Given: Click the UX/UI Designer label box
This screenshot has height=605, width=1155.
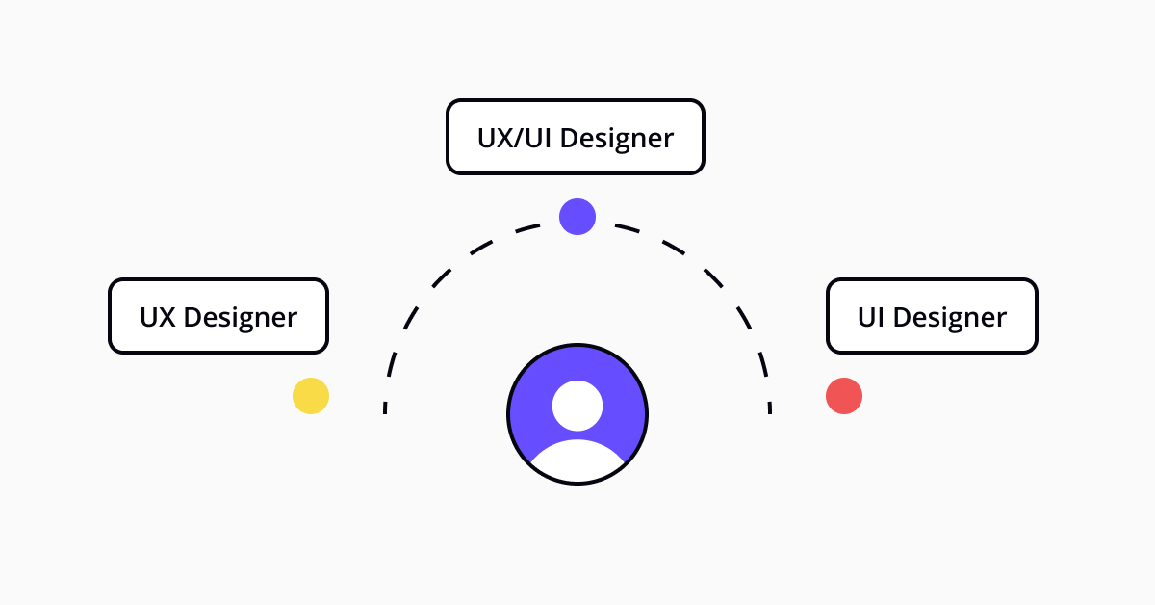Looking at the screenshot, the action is point(576,137).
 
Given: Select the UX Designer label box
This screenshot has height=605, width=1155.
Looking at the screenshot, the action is point(218,316).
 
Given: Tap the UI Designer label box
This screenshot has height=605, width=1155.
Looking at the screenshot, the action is point(933,316).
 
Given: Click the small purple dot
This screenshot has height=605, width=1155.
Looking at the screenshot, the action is point(577,217).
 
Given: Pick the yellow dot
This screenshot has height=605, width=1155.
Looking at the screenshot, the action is point(311,396).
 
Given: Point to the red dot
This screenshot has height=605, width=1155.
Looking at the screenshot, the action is point(844,396).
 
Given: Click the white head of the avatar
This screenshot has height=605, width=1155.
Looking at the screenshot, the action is point(577,406).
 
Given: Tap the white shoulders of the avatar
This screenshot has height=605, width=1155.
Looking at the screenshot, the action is point(577,460).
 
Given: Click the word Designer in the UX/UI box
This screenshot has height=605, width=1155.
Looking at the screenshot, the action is point(617,140).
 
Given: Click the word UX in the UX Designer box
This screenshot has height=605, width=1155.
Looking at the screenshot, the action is point(158,317).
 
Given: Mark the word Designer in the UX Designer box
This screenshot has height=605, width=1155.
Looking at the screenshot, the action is point(241,319).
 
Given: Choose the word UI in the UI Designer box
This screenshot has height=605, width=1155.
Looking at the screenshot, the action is point(871,317).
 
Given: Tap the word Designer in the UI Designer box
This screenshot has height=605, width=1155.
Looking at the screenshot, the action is point(950,319).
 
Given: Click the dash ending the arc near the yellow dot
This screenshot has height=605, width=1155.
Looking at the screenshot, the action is point(385,408).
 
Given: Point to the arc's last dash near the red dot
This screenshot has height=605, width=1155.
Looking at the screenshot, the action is point(770,408).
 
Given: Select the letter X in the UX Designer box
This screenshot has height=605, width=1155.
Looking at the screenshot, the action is point(167,317).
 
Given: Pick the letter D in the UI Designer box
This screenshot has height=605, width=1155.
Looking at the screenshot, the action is point(903,317).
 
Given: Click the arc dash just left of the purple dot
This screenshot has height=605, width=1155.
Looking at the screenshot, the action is point(527,228).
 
